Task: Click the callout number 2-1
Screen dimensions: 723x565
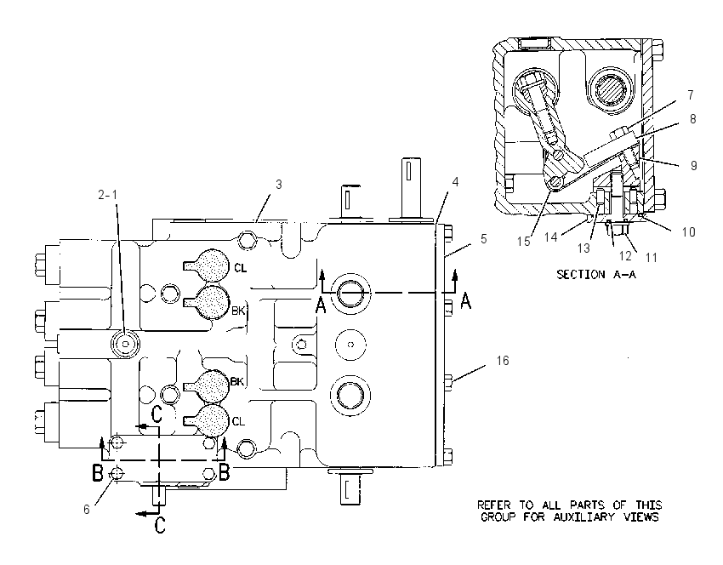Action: tap(107, 195)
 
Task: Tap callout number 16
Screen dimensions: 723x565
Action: tap(503, 360)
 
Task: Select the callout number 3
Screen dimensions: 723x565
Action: tap(278, 185)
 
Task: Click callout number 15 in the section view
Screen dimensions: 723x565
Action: tap(523, 241)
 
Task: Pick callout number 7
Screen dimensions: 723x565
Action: tap(691, 95)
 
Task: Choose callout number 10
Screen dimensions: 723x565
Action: tap(688, 232)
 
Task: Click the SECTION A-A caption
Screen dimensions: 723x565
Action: tap(596, 275)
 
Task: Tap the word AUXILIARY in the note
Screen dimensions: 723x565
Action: tap(584, 517)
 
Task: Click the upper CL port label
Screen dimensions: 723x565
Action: tap(240, 267)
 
